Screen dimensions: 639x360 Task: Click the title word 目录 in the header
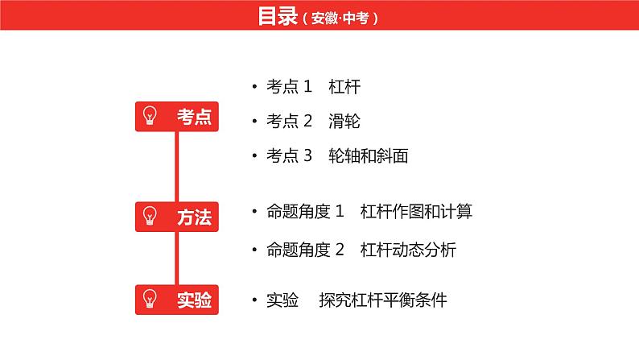click(x=278, y=16)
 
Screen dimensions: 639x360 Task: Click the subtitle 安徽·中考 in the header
click(x=340, y=19)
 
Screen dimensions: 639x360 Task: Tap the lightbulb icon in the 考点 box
click(x=150, y=115)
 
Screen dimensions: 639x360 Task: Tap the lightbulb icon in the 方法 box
click(x=150, y=216)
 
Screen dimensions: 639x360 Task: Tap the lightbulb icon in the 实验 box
click(x=150, y=299)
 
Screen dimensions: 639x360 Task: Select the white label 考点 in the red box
click(x=195, y=117)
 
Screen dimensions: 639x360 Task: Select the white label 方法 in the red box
click(x=195, y=217)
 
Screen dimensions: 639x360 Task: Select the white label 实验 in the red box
click(x=195, y=300)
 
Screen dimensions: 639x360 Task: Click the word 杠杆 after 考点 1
click(x=344, y=86)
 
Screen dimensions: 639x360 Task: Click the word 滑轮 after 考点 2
click(x=344, y=121)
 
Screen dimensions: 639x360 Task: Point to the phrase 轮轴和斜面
click(x=369, y=155)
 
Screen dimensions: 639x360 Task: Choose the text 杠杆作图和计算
click(x=416, y=211)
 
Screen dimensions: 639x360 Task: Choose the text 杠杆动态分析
click(x=408, y=250)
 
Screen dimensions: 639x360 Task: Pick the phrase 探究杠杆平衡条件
click(x=383, y=300)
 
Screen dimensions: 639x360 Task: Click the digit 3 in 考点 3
click(x=307, y=155)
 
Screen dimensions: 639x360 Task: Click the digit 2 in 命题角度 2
click(x=340, y=250)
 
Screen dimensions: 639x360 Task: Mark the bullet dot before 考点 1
click(x=254, y=86)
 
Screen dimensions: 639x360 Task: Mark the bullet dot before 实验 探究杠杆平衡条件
click(x=254, y=300)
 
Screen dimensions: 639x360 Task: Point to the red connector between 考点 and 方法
click(x=176, y=167)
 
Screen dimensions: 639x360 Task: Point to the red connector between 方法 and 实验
click(x=176, y=258)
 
